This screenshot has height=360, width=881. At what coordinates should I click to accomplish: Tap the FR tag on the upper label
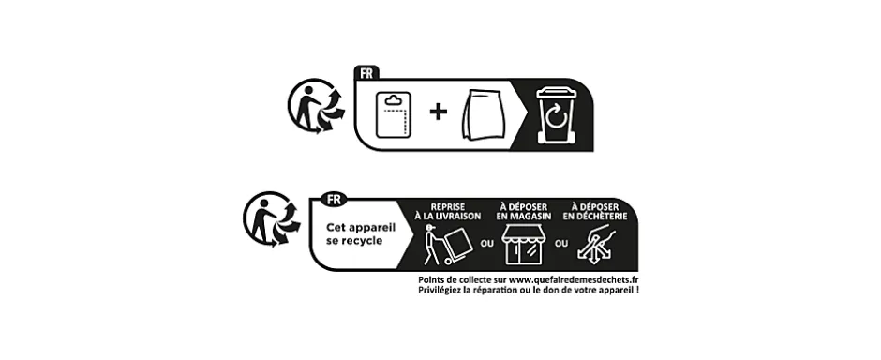click(x=366, y=71)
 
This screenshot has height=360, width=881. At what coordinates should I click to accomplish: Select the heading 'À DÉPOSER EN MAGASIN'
click(x=524, y=211)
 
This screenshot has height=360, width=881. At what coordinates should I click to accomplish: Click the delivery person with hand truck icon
click(x=448, y=246)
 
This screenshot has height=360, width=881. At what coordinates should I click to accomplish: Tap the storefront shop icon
click(x=524, y=246)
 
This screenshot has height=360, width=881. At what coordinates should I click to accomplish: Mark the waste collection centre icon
click(x=597, y=246)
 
